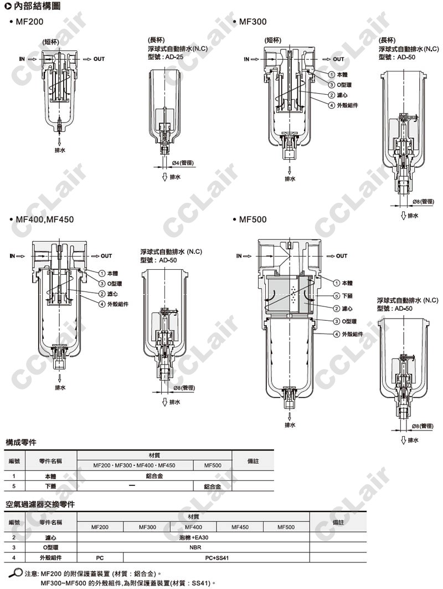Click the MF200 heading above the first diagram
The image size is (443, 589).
[x=29, y=22]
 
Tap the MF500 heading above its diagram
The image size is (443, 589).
[x=253, y=219]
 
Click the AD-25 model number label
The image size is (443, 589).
[x=174, y=57]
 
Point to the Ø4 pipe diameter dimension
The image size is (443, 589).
[x=183, y=163]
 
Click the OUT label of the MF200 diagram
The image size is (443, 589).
[x=99, y=59]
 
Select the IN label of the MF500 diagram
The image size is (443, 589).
[x=239, y=256]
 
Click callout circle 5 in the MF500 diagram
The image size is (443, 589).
[x=337, y=296]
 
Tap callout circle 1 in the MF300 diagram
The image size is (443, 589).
[x=332, y=75]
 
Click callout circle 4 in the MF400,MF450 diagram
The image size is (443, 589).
[x=102, y=304]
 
